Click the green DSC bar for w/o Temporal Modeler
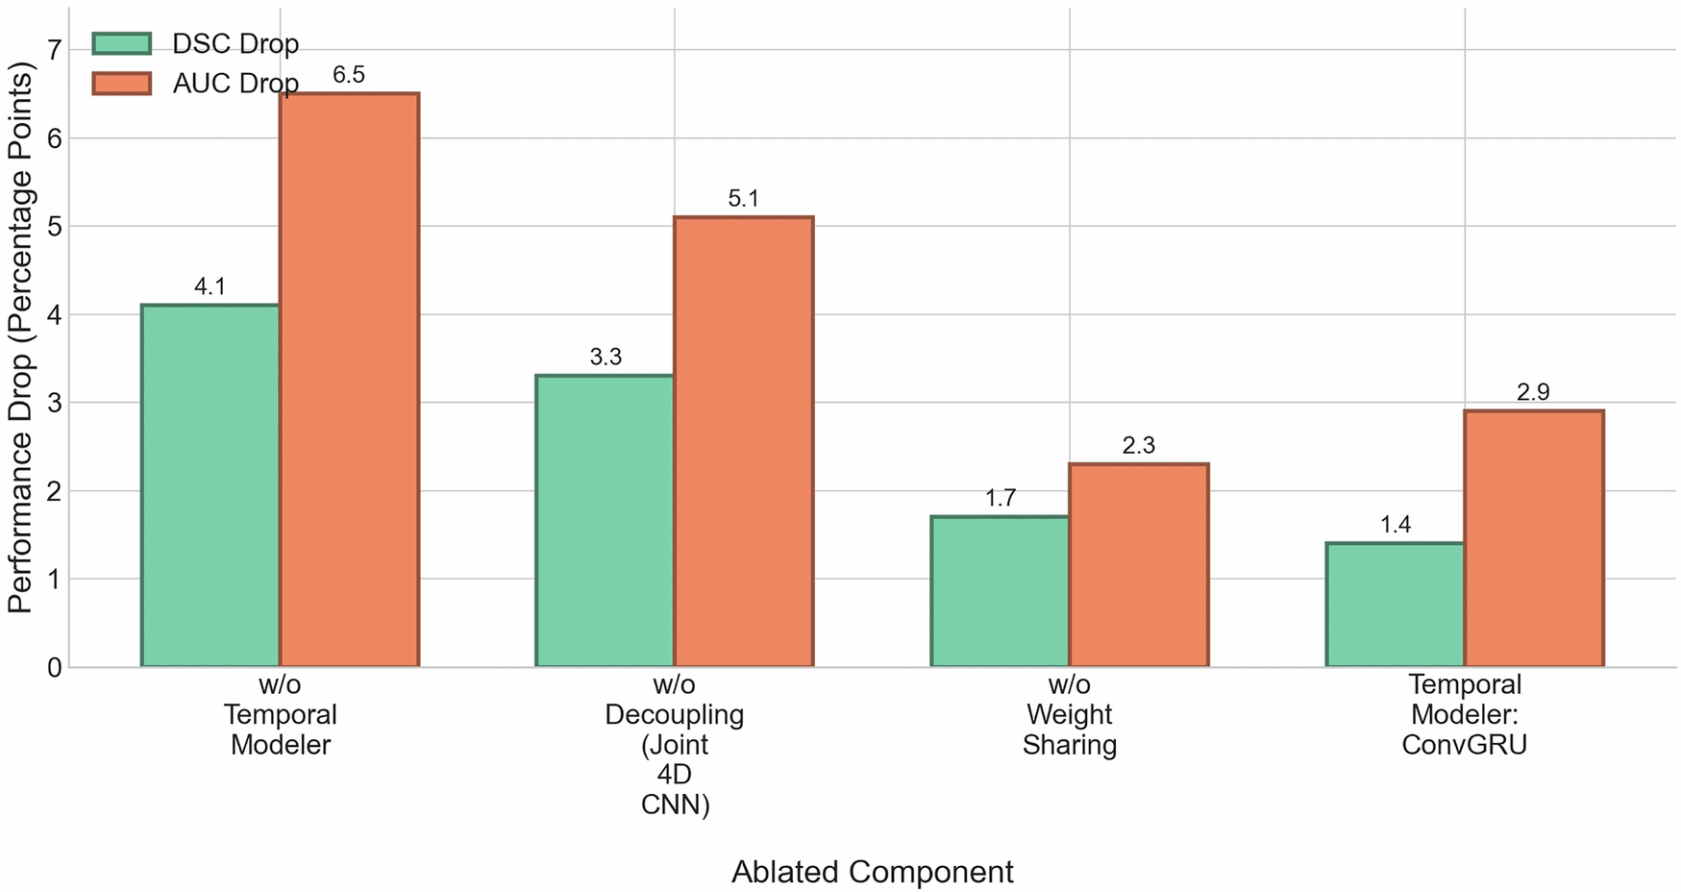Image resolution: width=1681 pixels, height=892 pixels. [x=210, y=485]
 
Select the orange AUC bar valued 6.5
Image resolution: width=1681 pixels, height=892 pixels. [x=349, y=380]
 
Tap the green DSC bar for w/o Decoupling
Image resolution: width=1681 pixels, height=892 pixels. [x=605, y=520]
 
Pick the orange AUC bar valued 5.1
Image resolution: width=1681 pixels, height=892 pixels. [x=743, y=441]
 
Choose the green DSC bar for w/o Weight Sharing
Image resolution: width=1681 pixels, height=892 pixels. [x=1000, y=591]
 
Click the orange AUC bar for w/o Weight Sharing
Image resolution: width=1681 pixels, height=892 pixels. [x=1138, y=565]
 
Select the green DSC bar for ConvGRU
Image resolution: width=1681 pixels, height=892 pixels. [x=1395, y=605]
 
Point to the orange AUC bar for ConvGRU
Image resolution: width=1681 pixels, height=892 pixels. [x=1533, y=538]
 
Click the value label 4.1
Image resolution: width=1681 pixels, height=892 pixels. [x=210, y=286]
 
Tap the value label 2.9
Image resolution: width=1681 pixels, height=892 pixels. [x=1533, y=392]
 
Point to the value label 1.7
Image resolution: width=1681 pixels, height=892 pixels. [x=1000, y=498]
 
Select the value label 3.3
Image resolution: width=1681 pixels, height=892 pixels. [x=605, y=358]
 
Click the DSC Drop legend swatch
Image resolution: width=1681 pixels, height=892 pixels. [x=122, y=44]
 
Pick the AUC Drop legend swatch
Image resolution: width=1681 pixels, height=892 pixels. [x=122, y=84]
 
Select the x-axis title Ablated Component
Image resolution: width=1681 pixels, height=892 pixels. [x=872, y=872]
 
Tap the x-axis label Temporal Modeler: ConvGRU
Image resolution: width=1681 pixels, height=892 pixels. [x=1464, y=714]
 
